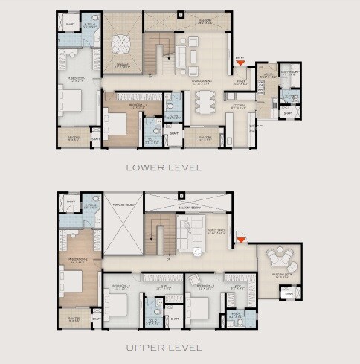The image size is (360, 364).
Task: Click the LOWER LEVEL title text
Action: point(164,167)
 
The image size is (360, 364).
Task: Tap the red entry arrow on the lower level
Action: point(240,65)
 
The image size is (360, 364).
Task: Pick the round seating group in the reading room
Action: point(281,261)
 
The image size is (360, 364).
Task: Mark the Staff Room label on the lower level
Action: point(289,74)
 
